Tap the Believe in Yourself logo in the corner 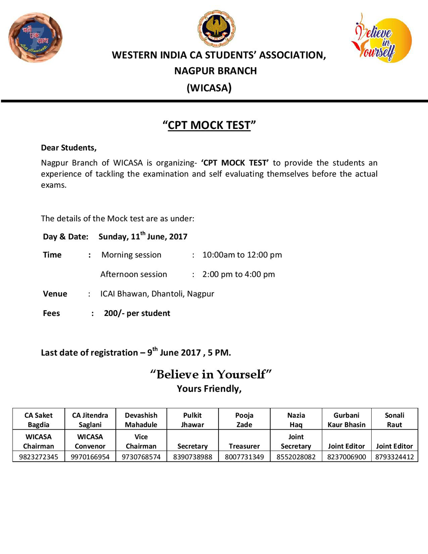(381, 37)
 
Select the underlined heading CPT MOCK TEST (209, 125)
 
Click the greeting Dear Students (68, 147)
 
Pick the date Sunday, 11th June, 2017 (143, 236)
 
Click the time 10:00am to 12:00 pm (242, 255)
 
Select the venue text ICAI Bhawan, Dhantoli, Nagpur (157, 294)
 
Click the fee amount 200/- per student (137, 313)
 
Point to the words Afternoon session (134, 274)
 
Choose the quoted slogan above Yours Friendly (211, 374)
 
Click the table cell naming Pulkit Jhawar (192, 420)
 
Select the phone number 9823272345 (39, 457)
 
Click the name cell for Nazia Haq (296, 420)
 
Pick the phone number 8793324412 (394, 457)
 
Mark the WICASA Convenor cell (90, 442)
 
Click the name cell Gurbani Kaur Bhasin (347, 420)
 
